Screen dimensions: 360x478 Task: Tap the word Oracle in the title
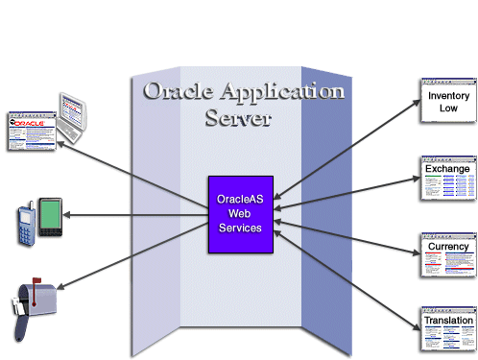coord(178,93)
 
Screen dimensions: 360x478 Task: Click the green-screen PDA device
coord(51,212)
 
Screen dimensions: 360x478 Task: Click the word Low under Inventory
coord(448,108)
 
